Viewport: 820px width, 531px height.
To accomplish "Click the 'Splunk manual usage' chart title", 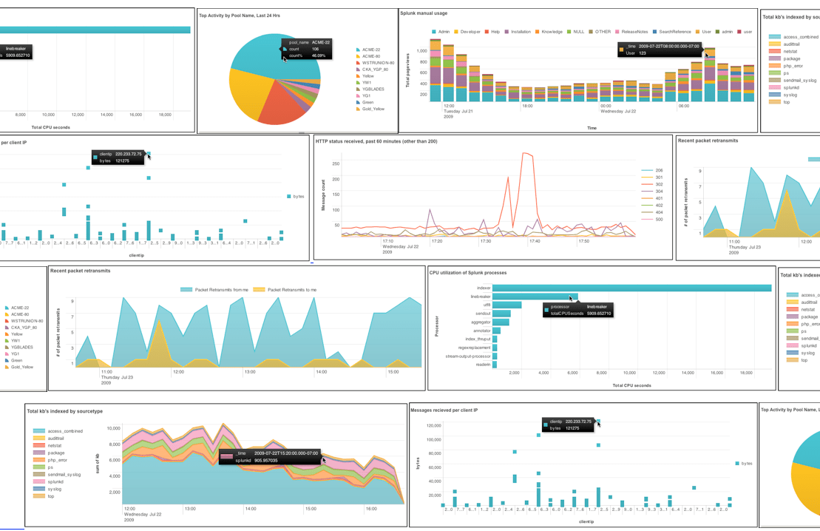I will [x=424, y=13].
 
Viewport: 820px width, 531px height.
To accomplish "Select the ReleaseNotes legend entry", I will [x=634, y=32].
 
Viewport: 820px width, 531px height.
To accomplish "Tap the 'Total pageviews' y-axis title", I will [x=407, y=71].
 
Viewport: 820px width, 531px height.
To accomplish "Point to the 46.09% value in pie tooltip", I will [x=318, y=55].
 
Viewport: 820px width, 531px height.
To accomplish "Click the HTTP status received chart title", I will [x=376, y=141].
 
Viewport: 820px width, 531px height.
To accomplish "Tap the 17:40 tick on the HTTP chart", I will [x=535, y=241].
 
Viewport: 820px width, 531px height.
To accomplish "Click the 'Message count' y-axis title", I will [x=323, y=195].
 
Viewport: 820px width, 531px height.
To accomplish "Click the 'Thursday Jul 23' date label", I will [x=118, y=377].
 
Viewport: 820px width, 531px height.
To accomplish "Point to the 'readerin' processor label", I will [x=483, y=365].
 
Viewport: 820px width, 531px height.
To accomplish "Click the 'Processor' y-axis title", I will [x=437, y=326].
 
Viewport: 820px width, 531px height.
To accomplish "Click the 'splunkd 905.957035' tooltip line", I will [x=256, y=461].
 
